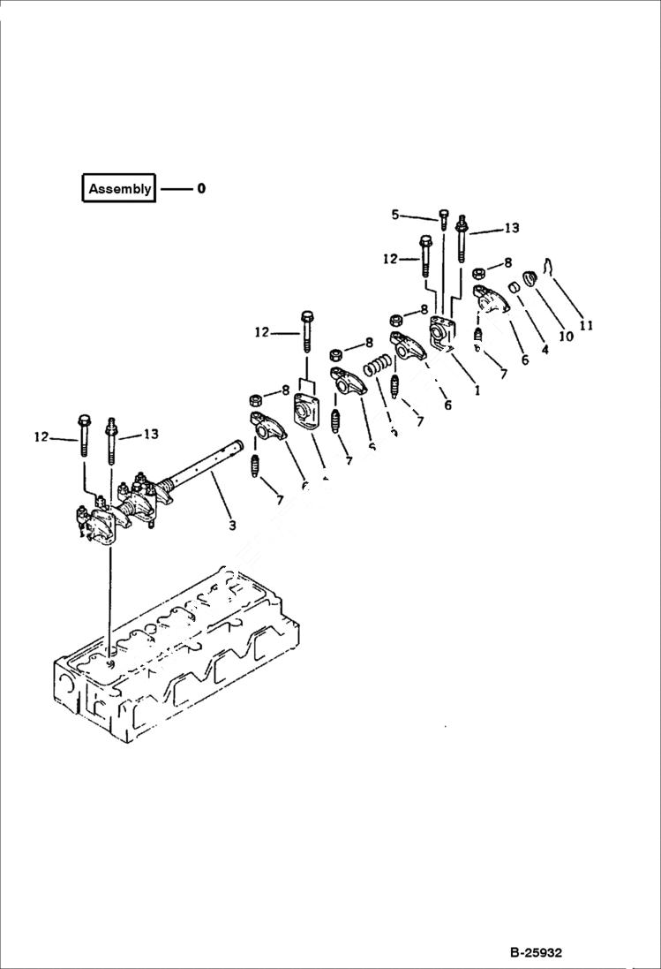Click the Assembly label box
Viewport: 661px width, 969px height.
point(119,188)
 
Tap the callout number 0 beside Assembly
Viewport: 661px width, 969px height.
point(201,188)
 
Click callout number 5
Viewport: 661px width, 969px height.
point(395,214)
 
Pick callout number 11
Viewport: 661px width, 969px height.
point(586,325)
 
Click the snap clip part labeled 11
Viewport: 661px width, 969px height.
point(549,264)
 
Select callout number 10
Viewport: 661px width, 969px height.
point(566,336)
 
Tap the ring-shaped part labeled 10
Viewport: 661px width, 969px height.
point(531,279)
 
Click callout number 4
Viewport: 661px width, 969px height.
point(544,348)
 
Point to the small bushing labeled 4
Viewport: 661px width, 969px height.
point(511,288)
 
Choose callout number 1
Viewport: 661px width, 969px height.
point(477,389)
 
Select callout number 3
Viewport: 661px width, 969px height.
point(232,526)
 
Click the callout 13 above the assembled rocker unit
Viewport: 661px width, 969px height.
point(151,434)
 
